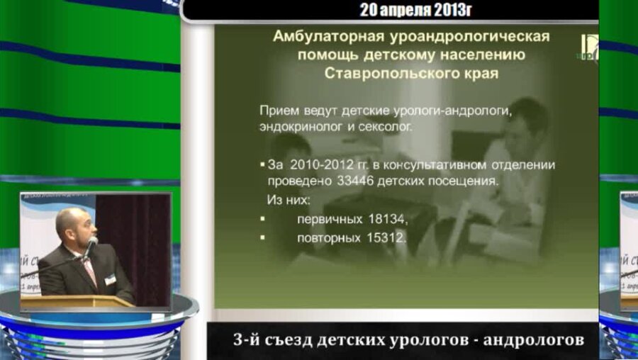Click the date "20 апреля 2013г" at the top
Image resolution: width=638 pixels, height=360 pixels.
click(415, 10)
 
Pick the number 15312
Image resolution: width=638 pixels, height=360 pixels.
click(386, 238)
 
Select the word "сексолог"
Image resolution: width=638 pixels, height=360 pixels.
click(386, 127)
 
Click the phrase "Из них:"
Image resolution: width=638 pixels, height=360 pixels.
click(289, 200)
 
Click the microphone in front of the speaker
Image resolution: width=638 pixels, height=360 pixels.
click(90, 246)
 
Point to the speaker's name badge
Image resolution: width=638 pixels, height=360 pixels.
click(110, 279)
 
